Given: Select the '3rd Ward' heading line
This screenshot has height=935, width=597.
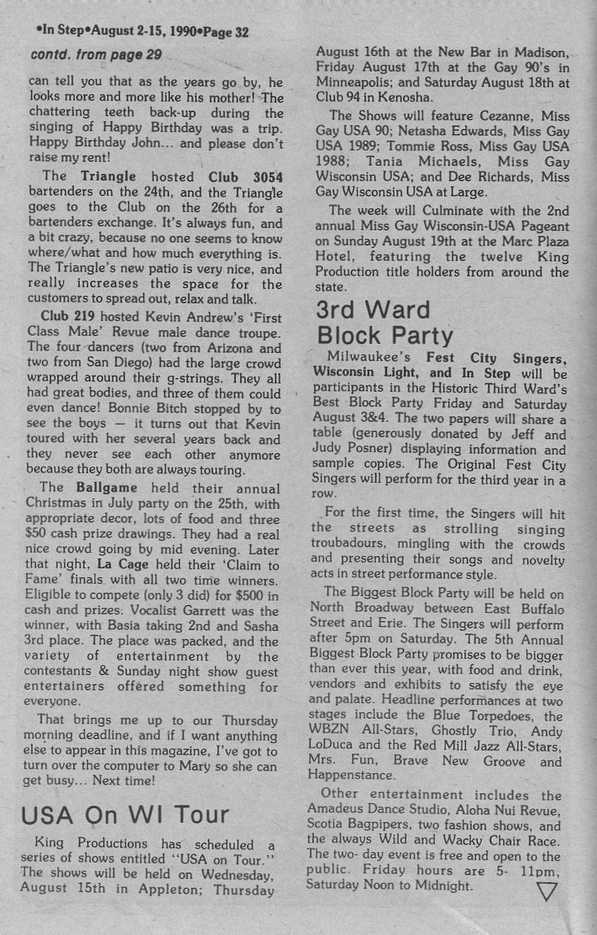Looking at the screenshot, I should pyautogui.click(x=373, y=310).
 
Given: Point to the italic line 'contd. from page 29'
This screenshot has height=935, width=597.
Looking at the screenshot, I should pyautogui.click(x=96, y=54).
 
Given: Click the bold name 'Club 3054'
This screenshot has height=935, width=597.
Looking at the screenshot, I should pyautogui.click(x=237, y=176).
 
